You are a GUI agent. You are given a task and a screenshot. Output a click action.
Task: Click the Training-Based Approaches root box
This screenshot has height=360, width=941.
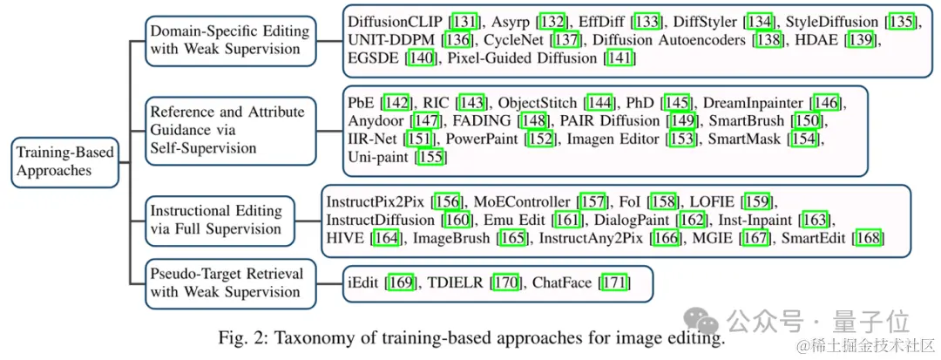click(65, 161)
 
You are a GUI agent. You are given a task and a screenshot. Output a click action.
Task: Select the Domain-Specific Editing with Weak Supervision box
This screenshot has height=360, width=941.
click(228, 39)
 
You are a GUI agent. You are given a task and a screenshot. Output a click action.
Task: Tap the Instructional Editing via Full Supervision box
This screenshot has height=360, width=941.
click(215, 220)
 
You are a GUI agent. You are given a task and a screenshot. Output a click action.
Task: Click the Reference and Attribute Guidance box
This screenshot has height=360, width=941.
click(227, 130)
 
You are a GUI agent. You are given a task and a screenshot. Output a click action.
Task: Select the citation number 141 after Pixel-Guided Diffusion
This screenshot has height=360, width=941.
click(620, 58)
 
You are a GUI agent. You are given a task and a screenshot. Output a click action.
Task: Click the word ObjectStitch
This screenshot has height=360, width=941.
click(538, 102)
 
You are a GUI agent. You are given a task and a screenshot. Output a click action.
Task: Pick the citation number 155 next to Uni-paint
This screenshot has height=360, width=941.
click(430, 158)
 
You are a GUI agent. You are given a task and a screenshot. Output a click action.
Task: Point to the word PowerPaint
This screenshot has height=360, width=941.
click(481, 139)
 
